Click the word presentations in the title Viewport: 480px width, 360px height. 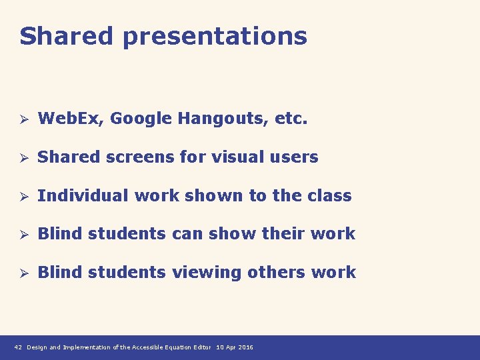pyautogui.click(x=215, y=37)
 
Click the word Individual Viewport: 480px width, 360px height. pyautogui.click(x=83, y=195)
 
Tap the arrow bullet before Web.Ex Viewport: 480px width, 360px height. pyautogui.click(x=23, y=120)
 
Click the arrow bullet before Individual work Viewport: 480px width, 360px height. pyautogui.click(x=23, y=196)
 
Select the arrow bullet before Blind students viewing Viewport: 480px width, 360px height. pyautogui.click(x=23, y=273)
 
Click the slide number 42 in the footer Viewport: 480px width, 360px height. pyautogui.click(x=18, y=347)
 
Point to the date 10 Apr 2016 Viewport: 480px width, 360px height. pyautogui.click(x=235, y=347)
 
